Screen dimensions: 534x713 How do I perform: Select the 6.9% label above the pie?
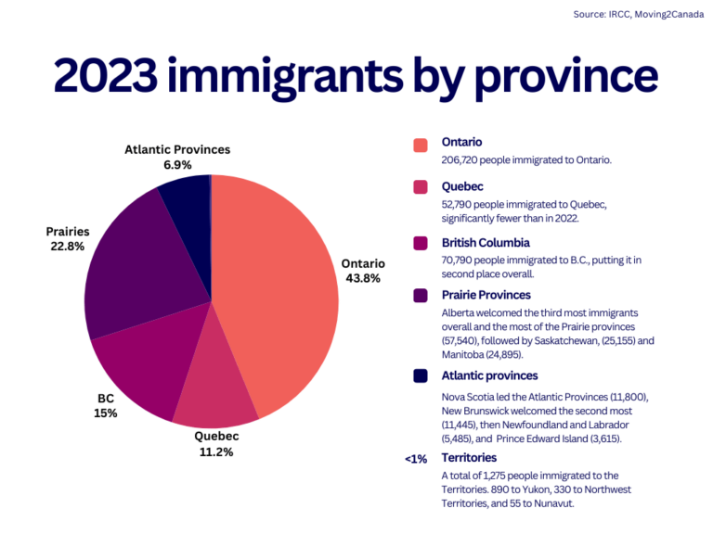tap(177, 164)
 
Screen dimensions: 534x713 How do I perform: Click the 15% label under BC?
tap(105, 413)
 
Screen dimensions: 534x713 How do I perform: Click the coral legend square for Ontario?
tap(421, 145)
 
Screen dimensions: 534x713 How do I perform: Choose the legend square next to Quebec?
tap(421, 188)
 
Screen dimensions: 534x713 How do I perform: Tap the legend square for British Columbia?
tap(421, 244)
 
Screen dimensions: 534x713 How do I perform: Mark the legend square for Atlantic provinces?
tap(421, 376)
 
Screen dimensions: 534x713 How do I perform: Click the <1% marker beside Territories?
tap(415, 459)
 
